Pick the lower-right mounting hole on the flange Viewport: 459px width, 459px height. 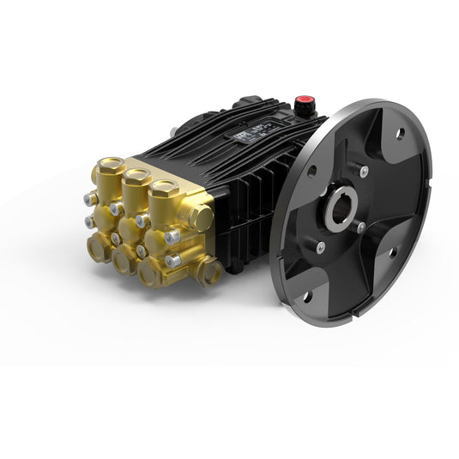pos(390,254)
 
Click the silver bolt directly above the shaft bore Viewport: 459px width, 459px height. pos(364,170)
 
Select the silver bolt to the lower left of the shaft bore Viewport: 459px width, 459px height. pos(319,249)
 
